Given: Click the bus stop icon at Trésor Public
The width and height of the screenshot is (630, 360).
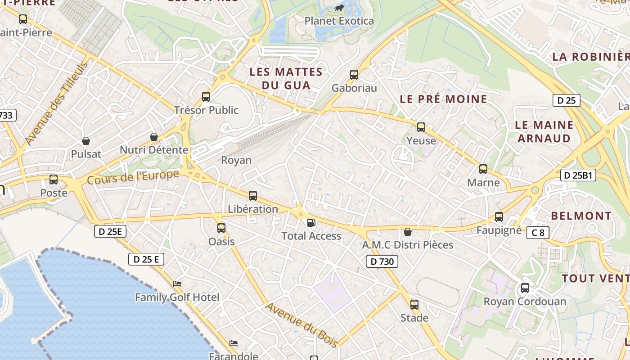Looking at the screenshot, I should coord(206,96).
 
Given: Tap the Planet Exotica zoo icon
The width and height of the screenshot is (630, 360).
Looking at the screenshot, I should coord(339,8).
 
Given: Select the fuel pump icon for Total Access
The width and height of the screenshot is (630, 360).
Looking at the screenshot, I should coord(311,222).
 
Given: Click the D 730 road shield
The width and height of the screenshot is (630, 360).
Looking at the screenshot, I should coord(382,261).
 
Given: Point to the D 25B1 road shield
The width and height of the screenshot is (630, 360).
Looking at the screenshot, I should coord(578,175).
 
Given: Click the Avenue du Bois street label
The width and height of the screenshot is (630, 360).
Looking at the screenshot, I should coord(301,325).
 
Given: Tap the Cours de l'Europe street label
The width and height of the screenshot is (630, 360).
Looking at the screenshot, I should coord(133,177).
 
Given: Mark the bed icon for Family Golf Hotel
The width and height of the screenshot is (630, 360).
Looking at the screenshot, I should coord(177,284).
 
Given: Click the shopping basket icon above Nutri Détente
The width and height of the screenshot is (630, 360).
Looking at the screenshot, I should coord(154,136).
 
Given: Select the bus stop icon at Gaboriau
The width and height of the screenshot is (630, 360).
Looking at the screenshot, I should coord(354,75).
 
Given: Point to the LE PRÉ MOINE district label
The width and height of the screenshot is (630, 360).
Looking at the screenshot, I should coord(443,99).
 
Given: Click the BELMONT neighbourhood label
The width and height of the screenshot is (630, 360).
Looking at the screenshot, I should coord(581,216).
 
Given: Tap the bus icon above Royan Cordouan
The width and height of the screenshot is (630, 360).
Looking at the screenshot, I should coord(525,288).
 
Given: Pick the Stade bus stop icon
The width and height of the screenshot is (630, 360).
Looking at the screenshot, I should coord(414,305).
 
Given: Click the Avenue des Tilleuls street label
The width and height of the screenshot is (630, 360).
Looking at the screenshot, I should coord(56,103).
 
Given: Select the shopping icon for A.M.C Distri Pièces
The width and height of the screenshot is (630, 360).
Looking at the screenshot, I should coord(407,232).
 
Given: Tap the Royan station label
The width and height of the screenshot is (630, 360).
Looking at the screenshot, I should coord(236,160).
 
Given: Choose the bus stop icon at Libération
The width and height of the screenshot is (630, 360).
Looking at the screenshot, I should coord(253,196).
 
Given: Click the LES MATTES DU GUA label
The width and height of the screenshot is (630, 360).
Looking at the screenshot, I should coord(286,78).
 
